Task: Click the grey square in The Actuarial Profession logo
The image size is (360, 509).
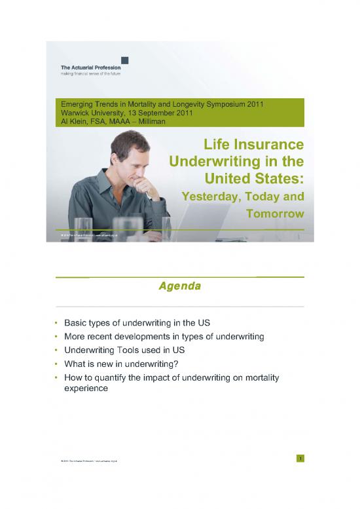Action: (x=124, y=60)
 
